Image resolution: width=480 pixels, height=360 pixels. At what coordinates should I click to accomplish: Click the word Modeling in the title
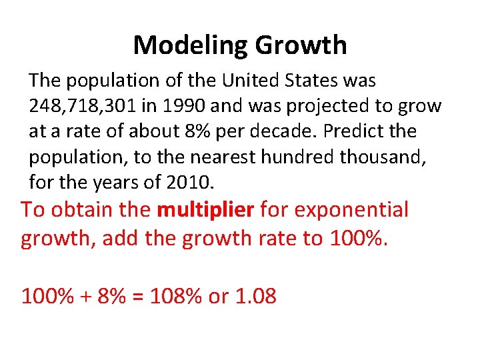pos(191,45)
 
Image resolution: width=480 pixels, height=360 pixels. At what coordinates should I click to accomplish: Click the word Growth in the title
pos(301,45)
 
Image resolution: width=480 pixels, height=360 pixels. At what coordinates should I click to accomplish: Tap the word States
pos(314,81)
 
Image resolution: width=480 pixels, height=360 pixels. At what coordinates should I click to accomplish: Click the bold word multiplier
pos(205,210)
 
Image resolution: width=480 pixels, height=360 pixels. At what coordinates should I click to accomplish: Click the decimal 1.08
pos(256,296)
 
